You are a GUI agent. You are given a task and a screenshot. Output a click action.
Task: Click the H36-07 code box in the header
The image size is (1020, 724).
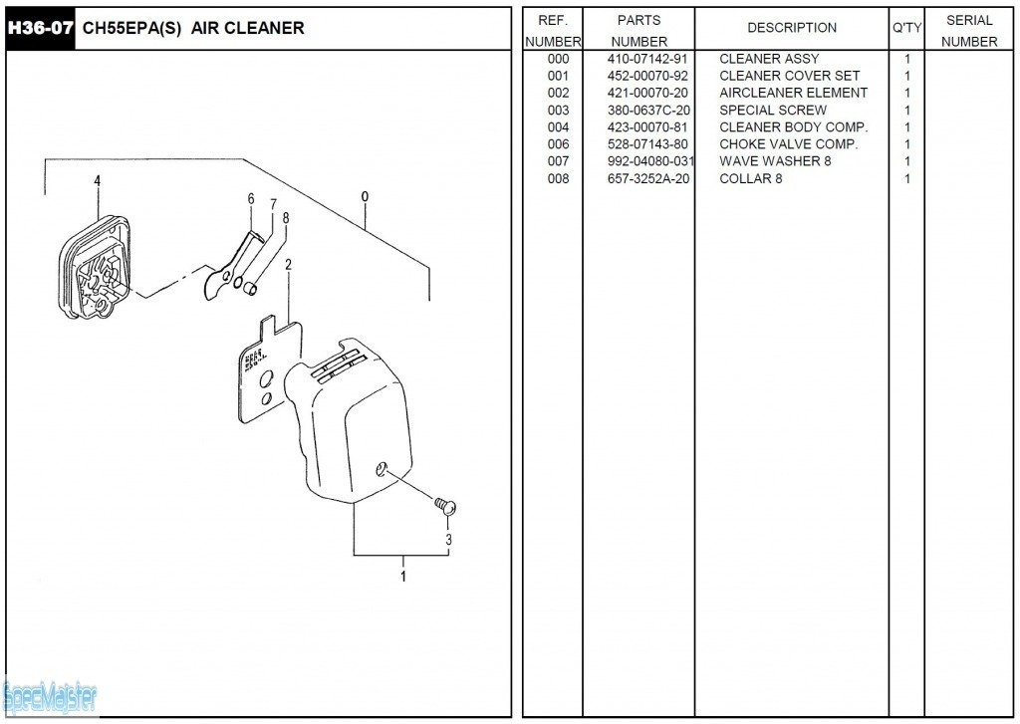tap(40, 28)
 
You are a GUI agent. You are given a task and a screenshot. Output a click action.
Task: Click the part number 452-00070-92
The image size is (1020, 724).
tap(647, 76)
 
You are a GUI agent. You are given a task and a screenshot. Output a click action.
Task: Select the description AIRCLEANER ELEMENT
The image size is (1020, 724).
tap(793, 93)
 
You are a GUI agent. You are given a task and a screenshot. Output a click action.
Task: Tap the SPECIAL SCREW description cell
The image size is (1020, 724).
tap(772, 110)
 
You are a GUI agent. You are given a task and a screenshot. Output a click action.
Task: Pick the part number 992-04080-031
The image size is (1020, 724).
tap(650, 161)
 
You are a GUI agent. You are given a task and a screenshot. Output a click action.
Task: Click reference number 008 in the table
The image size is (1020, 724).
tap(558, 178)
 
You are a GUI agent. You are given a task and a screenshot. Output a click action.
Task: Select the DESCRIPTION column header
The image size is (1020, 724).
tap(792, 28)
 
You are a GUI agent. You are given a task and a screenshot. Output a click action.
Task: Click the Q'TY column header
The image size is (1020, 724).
tap(906, 28)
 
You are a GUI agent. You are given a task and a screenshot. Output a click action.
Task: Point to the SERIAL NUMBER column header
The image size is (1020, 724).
tap(969, 30)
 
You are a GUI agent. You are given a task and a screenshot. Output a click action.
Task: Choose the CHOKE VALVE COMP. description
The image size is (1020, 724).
tap(788, 144)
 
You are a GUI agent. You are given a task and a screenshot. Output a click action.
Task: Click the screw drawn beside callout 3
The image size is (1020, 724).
tap(445, 505)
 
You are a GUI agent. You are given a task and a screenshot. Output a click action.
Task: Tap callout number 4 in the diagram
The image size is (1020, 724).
tap(98, 181)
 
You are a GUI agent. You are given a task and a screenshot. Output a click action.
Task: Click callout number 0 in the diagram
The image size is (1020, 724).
tap(366, 196)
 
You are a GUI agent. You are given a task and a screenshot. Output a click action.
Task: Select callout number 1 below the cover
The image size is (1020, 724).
tap(403, 576)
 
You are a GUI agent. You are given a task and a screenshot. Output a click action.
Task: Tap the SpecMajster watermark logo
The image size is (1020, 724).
tap(50, 697)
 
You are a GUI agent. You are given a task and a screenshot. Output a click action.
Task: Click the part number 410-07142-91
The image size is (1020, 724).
tap(647, 59)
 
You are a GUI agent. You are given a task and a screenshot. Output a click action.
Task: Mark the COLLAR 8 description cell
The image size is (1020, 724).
tap(750, 178)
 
